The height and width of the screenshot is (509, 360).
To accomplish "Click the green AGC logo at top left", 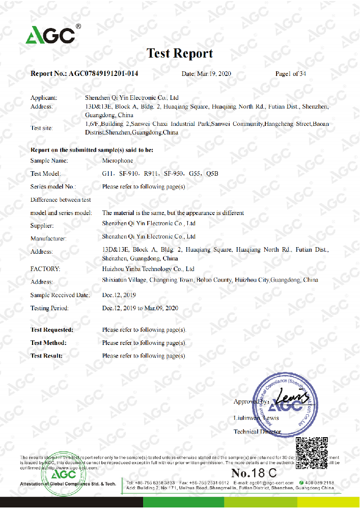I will click(51, 34).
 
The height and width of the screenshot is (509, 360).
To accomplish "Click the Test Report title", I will click(180, 53).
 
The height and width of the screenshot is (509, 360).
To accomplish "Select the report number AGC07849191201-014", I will click(103, 74).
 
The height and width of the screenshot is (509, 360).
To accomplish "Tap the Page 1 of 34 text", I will click(290, 74).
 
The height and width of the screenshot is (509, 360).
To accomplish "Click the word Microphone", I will click(118, 160).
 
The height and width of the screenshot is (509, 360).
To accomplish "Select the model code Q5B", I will click(213, 174).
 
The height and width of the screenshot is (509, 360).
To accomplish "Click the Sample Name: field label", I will click(49, 160).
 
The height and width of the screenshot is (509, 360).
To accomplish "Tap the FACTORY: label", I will click(45, 269).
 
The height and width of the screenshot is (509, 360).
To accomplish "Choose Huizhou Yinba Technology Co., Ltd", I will click(149, 269).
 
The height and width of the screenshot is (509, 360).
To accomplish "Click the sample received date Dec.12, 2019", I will click(119, 295).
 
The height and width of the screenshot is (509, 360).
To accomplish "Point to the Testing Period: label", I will click(49, 308).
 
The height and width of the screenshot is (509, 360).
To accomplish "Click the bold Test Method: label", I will click(48, 343).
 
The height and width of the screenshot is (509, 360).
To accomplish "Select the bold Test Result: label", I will click(47, 356).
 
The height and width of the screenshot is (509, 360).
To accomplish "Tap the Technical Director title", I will click(257, 432).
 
